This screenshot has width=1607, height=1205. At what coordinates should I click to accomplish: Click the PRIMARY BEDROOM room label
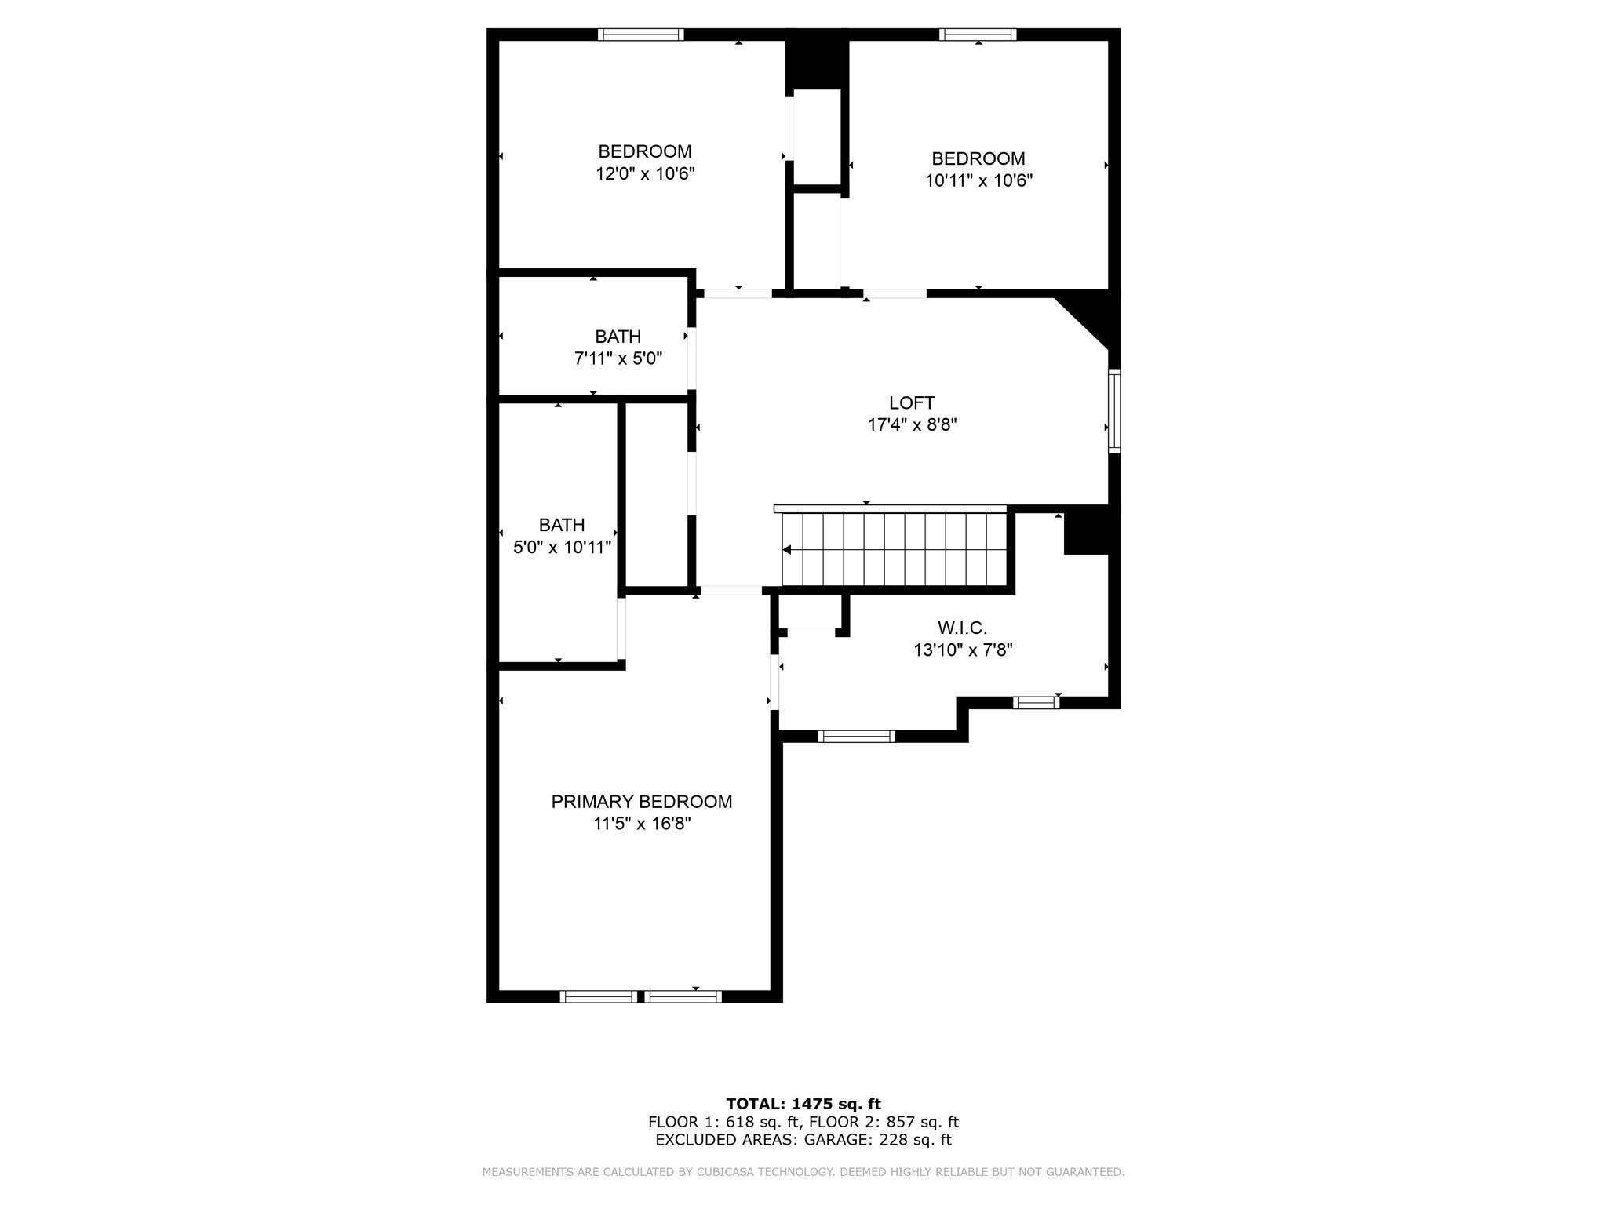tap(641, 802)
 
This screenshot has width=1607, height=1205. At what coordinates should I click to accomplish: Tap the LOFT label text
tap(912, 403)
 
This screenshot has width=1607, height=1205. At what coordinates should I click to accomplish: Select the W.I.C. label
tap(962, 628)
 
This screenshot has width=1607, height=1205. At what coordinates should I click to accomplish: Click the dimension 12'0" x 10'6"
tap(645, 173)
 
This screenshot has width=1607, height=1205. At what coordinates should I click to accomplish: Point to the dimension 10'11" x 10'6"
tap(978, 180)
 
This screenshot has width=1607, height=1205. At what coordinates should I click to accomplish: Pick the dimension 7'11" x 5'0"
tap(618, 359)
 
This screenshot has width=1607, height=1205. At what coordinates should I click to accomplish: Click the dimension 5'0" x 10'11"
tap(562, 547)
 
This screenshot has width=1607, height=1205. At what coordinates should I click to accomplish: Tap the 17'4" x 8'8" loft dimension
tap(912, 425)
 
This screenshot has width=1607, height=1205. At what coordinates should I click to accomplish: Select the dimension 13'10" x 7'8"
tap(963, 650)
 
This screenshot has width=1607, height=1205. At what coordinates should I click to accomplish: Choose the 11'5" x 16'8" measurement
tap(642, 824)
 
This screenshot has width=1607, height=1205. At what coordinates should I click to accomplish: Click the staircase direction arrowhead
tap(787, 550)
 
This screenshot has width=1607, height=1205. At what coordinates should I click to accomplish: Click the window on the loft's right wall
tap(1114, 410)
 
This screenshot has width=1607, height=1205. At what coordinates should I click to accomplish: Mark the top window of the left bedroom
tap(641, 35)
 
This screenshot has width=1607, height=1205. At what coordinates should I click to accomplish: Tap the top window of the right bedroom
tap(978, 35)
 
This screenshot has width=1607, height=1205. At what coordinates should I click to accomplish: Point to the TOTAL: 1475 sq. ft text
tap(803, 1104)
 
